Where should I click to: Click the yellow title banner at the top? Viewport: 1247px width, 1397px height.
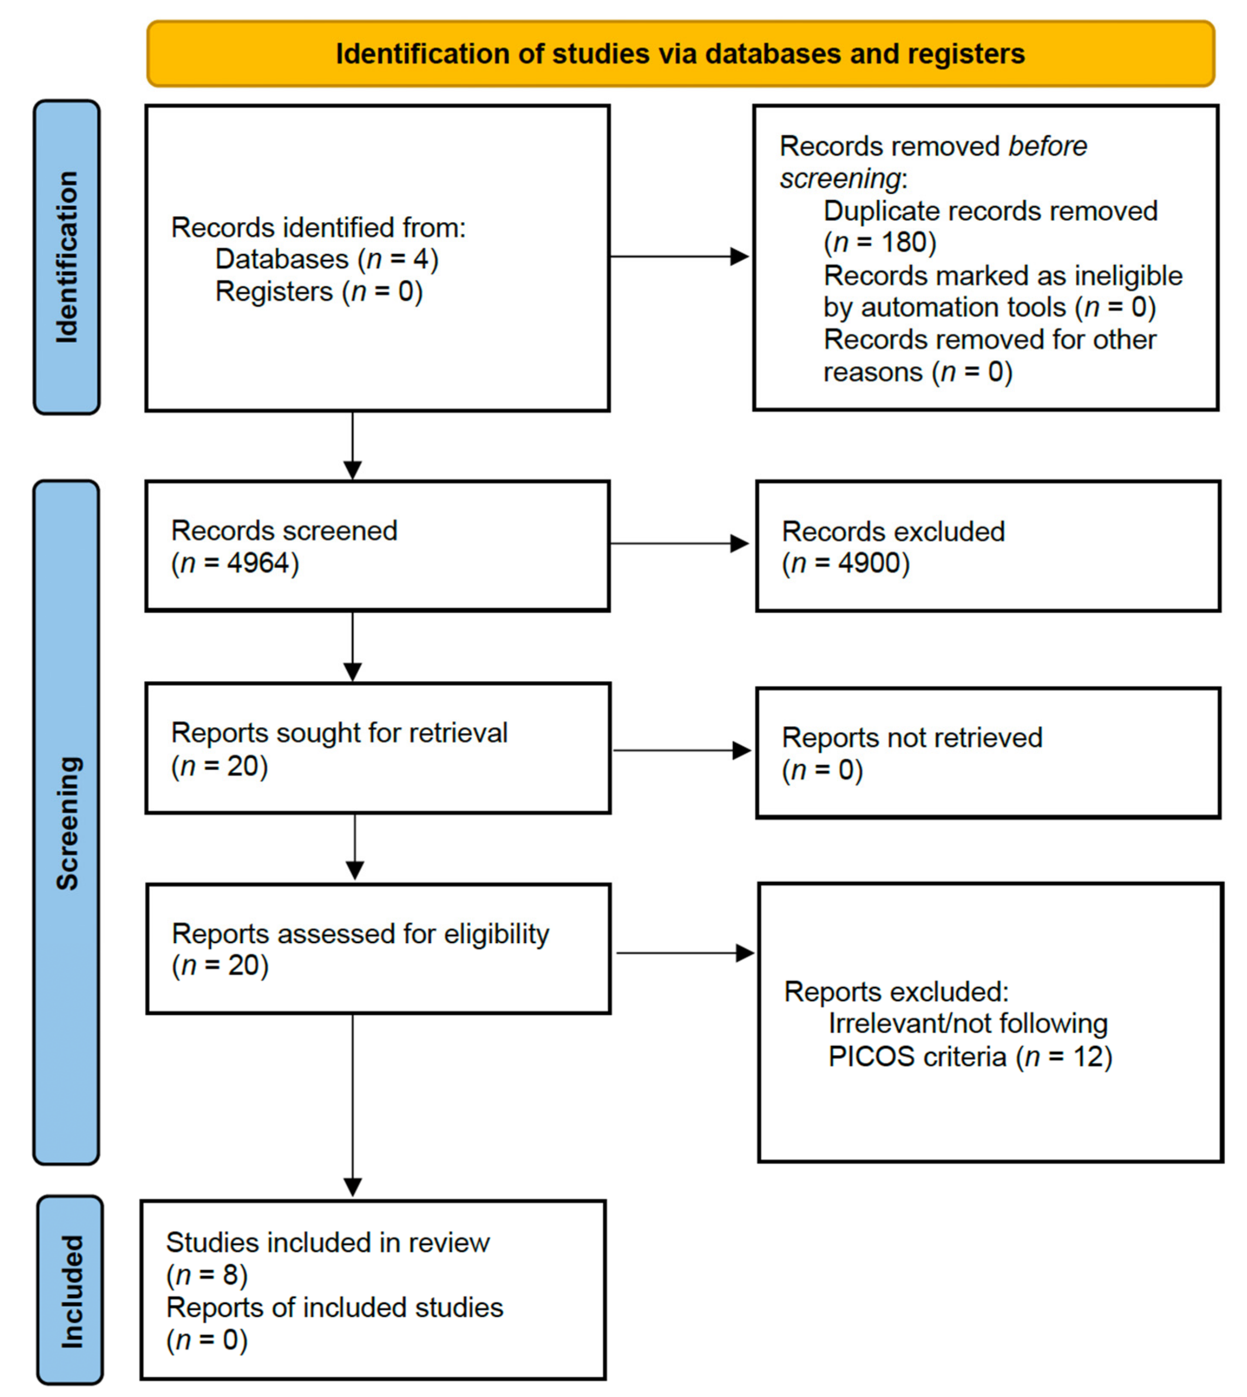click(680, 53)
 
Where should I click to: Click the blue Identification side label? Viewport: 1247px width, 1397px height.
click(67, 257)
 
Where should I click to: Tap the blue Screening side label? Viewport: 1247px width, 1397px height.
click(67, 822)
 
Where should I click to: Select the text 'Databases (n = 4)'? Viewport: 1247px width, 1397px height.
click(327, 260)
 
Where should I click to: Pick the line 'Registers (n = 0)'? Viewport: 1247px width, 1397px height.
click(319, 292)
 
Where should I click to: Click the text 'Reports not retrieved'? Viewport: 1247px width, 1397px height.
click(912, 738)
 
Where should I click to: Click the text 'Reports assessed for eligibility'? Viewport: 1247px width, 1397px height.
click(360, 934)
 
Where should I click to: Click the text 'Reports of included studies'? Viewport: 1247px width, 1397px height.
click(334, 1308)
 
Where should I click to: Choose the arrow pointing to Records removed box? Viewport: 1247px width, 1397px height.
click(678, 257)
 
